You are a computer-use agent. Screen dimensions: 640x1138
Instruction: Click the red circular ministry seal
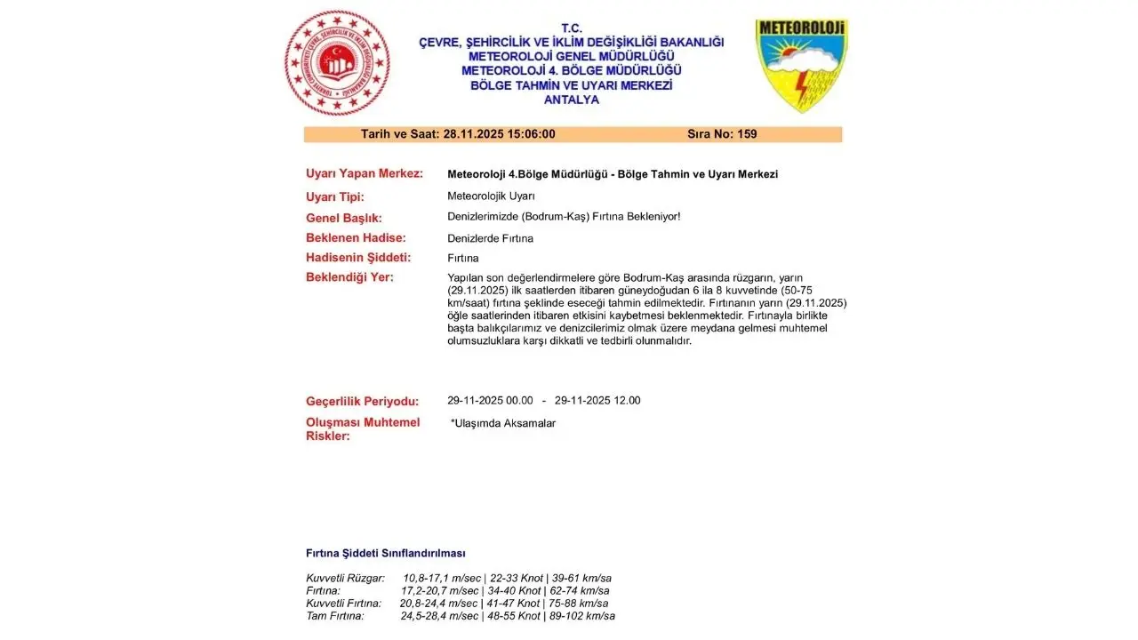point(337,63)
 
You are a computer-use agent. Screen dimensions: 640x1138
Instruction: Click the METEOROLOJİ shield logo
point(801,65)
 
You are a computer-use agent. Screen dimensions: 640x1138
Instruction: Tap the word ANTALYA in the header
point(572,100)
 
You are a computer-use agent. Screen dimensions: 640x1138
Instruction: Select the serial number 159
point(747,134)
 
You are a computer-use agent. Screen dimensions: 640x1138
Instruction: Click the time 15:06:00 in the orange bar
point(531,134)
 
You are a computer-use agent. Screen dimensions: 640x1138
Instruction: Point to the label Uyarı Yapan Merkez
point(364,173)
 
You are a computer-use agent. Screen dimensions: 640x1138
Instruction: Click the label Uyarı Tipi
point(335,196)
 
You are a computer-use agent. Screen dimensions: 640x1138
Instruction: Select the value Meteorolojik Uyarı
point(491,196)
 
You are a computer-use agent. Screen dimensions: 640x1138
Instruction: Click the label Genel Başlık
point(343,218)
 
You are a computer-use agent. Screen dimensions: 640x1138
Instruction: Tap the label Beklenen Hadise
point(356,238)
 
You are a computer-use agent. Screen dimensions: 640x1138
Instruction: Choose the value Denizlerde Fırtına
point(490,238)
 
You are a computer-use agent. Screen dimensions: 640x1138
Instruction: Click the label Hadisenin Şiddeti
point(358,258)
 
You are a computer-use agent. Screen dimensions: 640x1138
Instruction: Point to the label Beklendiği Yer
point(349,277)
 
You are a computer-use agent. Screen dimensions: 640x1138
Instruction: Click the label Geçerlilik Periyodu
point(362,401)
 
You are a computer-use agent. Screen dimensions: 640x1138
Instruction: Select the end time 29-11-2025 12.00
point(597,401)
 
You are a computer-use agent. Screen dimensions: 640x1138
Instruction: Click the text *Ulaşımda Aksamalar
point(503,423)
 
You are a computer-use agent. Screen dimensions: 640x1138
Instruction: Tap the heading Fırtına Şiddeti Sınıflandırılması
point(385,553)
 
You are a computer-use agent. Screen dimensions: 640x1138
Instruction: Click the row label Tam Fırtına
point(335,616)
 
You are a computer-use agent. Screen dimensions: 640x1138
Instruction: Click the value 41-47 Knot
point(514,604)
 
